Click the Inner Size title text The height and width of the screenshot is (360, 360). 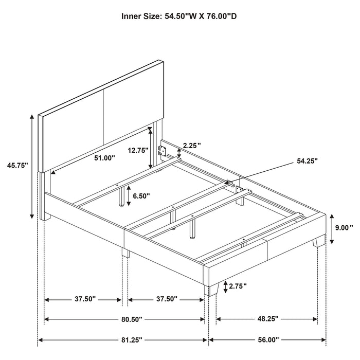point(179,16)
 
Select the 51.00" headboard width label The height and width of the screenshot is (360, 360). point(105,158)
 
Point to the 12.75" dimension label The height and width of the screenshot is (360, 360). point(138,150)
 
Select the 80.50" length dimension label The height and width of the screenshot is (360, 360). point(125,319)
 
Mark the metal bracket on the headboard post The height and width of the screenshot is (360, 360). point(163,151)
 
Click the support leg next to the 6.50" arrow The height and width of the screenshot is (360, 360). point(123,195)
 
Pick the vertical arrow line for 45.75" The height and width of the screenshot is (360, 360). point(33,165)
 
